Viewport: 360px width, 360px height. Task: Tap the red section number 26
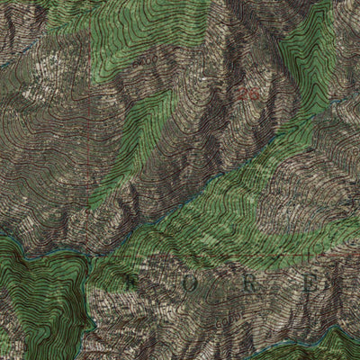pyautogui.click(x=248, y=94)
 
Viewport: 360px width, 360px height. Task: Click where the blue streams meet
pyautogui.click(x=89, y=258)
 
